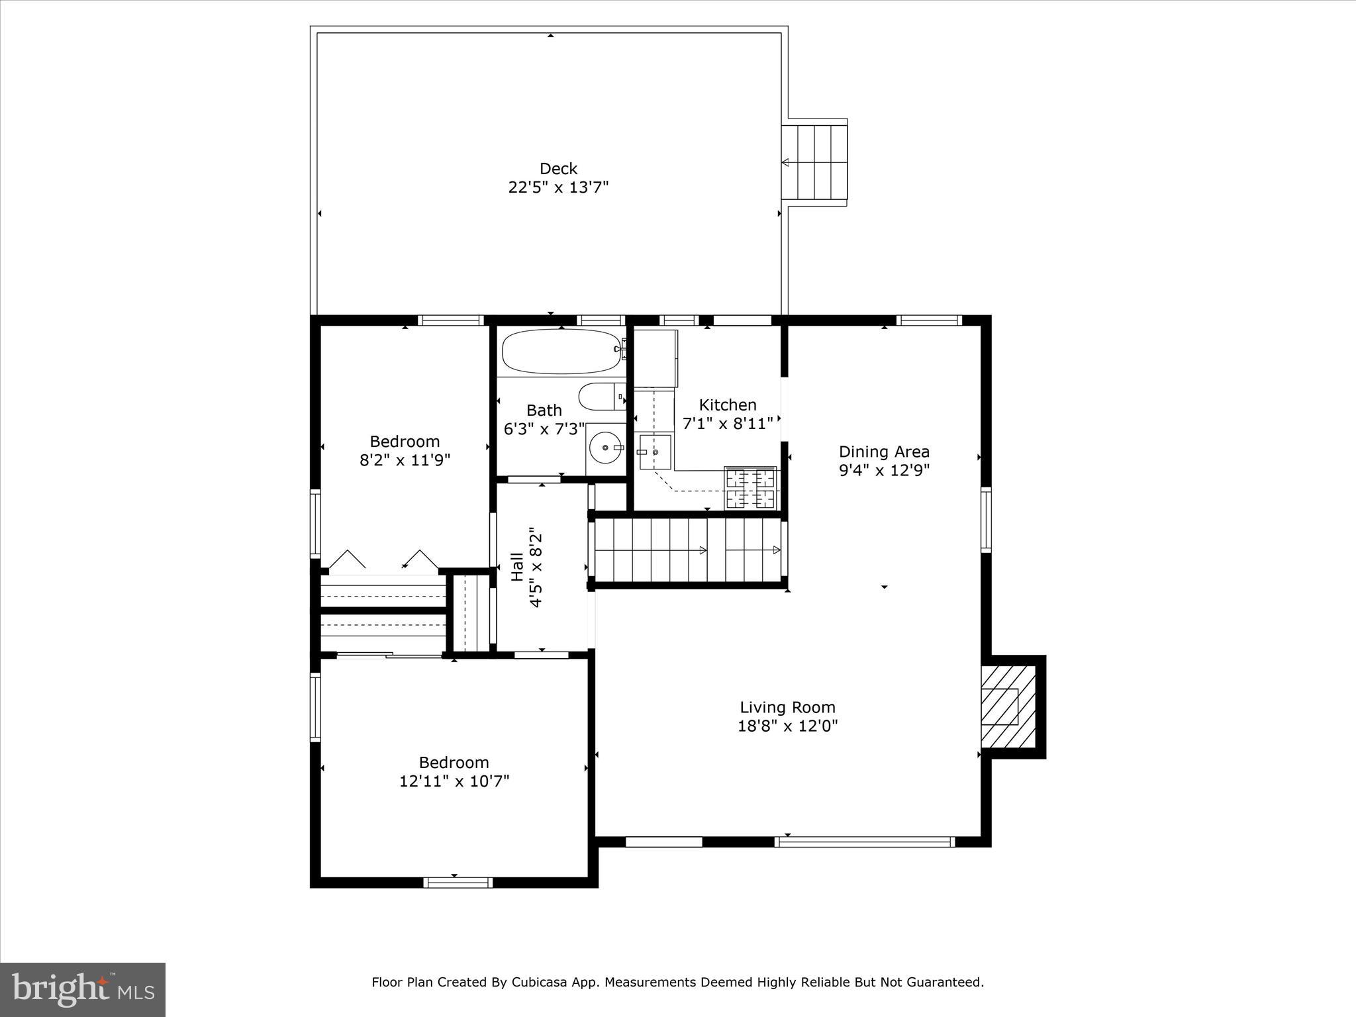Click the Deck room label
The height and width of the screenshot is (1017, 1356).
click(558, 169)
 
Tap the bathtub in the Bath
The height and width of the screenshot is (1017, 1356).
click(561, 352)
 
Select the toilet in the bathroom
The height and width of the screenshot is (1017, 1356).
click(601, 398)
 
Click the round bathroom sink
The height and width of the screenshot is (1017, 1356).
click(606, 448)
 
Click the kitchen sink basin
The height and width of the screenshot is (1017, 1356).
click(654, 452)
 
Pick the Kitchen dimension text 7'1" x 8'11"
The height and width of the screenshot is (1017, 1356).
click(728, 424)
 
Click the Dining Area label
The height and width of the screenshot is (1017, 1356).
click(884, 452)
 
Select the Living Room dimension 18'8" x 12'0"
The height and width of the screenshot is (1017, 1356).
click(787, 726)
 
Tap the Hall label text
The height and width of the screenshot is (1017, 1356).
click(517, 567)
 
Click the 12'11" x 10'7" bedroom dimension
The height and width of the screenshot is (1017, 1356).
click(454, 781)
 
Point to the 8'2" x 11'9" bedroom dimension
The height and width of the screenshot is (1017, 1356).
click(405, 460)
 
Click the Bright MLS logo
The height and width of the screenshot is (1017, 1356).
click(83, 989)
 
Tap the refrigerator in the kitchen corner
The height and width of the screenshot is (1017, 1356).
click(655, 358)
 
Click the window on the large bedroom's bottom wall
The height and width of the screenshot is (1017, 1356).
click(458, 882)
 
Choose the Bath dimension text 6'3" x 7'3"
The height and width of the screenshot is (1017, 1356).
click(544, 429)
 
